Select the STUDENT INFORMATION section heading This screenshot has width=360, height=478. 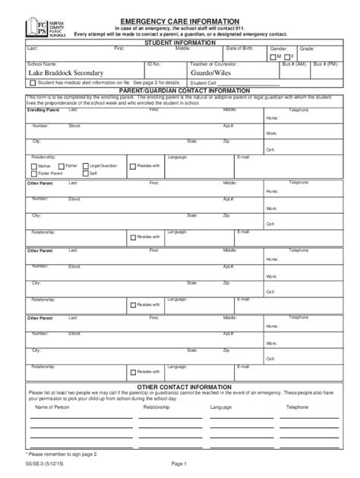coord(179,42)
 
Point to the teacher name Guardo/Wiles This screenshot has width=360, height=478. coord(216,73)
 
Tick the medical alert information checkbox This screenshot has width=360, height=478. coord(33,82)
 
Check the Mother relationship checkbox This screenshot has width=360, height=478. coord(33,165)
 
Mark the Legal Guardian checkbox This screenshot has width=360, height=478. coord(85,165)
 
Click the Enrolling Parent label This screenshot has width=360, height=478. coord(43,111)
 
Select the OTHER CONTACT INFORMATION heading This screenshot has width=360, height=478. coord(179,386)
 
